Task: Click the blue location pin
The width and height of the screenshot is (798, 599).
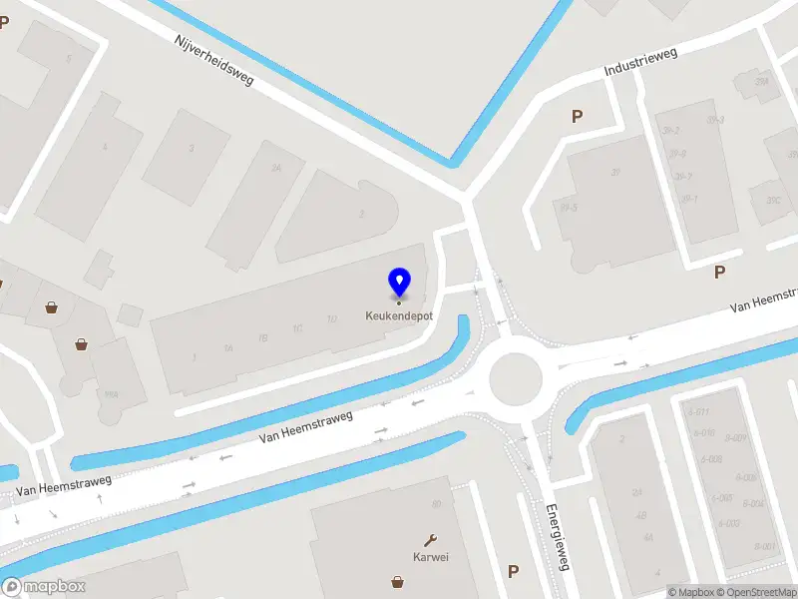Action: pos(399,283)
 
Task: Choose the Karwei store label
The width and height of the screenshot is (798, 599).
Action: pos(431,557)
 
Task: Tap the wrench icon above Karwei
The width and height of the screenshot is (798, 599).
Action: pos(431,539)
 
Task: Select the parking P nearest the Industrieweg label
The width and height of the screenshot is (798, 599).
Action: pos(577,117)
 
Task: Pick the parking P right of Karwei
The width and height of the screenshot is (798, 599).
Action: pos(513,571)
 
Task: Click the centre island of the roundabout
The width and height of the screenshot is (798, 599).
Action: pos(515,378)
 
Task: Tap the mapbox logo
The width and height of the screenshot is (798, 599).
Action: pos(44,587)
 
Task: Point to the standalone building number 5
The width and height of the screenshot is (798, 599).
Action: pos(69,59)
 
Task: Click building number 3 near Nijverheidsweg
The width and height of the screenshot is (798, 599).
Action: pos(192,149)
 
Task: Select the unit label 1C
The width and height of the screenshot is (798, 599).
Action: pos(297,328)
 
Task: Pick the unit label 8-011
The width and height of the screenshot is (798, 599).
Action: pos(697,412)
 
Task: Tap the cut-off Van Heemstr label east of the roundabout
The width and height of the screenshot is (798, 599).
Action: pos(763,302)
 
